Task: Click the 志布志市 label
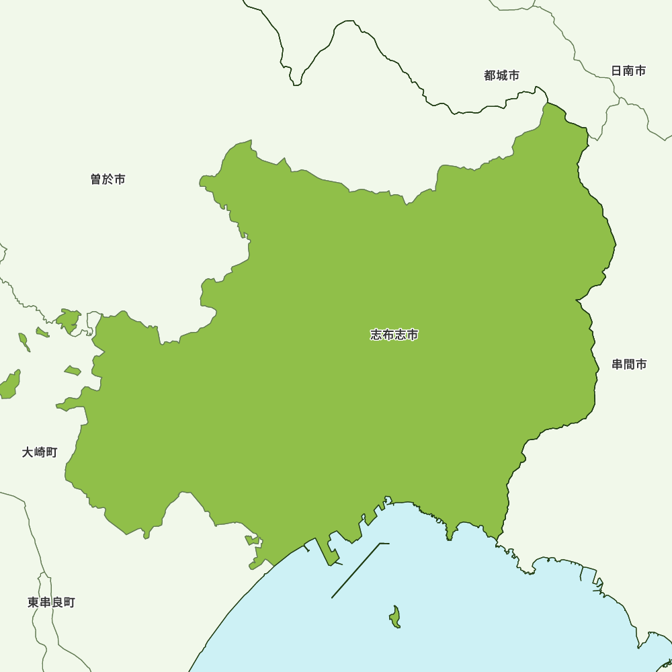point(394,335)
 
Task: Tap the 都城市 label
point(501,76)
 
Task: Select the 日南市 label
point(628,71)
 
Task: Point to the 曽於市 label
point(108,179)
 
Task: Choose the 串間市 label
point(629,364)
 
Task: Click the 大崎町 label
point(40,452)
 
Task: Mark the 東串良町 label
point(51,602)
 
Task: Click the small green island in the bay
point(395,616)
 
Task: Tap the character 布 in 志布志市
point(388,335)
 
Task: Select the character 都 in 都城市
point(490,76)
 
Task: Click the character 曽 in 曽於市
point(96,179)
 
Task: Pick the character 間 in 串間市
point(629,364)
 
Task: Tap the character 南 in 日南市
point(628,71)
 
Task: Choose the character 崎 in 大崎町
point(40,452)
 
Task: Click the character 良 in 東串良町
point(57,602)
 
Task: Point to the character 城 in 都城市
point(501,76)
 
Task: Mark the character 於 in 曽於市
point(108,179)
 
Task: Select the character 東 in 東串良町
point(34,602)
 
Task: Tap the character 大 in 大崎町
point(28,452)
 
